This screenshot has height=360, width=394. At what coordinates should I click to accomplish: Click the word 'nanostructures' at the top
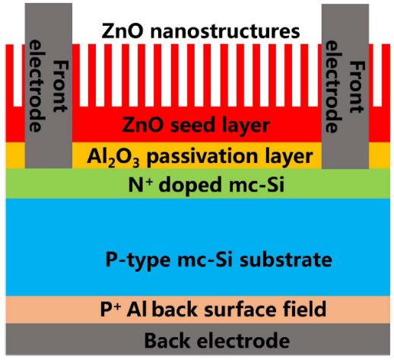click(x=225, y=31)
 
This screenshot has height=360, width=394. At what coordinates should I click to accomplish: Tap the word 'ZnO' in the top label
click(x=122, y=31)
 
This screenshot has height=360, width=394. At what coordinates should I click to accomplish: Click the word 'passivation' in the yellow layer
click(x=204, y=157)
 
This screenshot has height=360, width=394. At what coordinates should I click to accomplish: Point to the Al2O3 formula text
click(x=113, y=158)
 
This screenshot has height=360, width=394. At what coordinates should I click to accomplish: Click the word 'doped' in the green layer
click(x=191, y=186)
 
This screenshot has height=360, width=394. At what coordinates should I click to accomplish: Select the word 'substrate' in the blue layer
click(x=286, y=260)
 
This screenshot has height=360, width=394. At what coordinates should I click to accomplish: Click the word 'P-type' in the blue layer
click(x=138, y=260)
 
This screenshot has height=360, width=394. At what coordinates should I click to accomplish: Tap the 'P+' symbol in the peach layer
click(x=110, y=309)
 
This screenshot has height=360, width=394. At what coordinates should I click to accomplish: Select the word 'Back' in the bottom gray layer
click(x=167, y=340)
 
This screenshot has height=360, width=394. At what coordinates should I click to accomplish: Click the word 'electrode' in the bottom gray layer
click(x=243, y=340)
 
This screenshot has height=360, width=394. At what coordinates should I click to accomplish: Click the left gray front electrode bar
click(x=49, y=86)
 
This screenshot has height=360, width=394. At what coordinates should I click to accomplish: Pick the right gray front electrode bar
click(x=345, y=86)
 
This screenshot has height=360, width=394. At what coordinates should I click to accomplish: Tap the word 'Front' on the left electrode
click(x=61, y=87)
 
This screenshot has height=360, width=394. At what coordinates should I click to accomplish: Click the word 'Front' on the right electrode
click(x=357, y=87)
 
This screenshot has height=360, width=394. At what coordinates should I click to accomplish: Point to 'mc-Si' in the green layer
click(x=256, y=185)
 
